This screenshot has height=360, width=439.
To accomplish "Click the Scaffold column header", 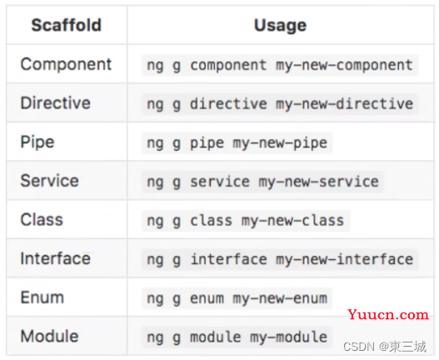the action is [x=67, y=25].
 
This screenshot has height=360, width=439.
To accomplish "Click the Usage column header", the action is [x=280, y=26].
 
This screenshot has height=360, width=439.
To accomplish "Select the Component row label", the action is [x=66, y=64].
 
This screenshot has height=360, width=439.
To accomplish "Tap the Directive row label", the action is [x=56, y=102].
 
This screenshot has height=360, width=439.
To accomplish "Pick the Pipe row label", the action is [x=37, y=142].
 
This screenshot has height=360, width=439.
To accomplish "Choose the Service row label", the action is [x=49, y=181].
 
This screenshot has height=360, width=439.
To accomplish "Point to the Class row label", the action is [x=42, y=219].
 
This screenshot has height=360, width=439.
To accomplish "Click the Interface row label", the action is [x=56, y=258].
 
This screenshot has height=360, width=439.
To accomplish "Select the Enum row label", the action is [x=42, y=297].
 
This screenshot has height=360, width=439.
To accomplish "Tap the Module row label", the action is [x=49, y=336].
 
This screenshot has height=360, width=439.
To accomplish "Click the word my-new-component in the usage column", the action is [x=344, y=66].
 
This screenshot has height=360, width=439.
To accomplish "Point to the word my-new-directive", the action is [x=344, y=104].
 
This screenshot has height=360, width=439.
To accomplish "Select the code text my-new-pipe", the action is [x=280, y=143].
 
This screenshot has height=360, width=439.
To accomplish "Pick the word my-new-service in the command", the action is [x=318, y=182].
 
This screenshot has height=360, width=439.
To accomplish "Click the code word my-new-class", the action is [x=293, y=221].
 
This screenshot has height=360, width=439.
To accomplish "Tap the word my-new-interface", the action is [x=344, y=260].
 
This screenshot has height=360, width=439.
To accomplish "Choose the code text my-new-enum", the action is [x=280, y=299].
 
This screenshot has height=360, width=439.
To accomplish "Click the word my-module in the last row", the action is [x=289, y=337].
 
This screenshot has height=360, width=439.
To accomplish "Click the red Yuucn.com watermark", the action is [x=388, y=315].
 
